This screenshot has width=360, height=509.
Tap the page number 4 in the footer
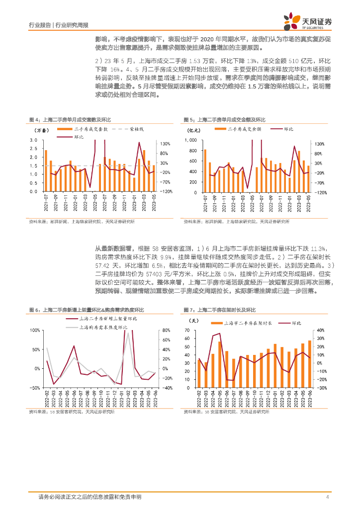(327, 497)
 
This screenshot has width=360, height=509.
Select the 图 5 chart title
(224, 120)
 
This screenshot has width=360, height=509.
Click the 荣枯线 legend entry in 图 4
(136, 129)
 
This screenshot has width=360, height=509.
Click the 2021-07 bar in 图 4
(46, 170)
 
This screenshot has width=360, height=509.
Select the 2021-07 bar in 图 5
(205, 170)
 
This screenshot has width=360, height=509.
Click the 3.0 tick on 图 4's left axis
(34, 140)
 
